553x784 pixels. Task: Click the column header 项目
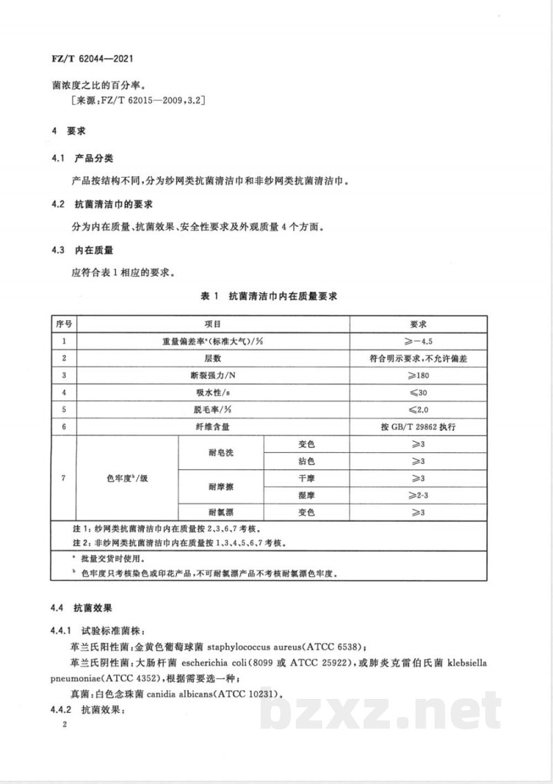tap(212, 324)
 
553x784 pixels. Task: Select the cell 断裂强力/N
tap(212, 375)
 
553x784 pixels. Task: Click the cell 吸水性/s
tap(212, 393)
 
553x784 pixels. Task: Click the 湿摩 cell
tap(307, 496)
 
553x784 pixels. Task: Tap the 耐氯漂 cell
tap(221, 512)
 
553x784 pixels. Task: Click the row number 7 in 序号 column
tap(64, 478)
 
